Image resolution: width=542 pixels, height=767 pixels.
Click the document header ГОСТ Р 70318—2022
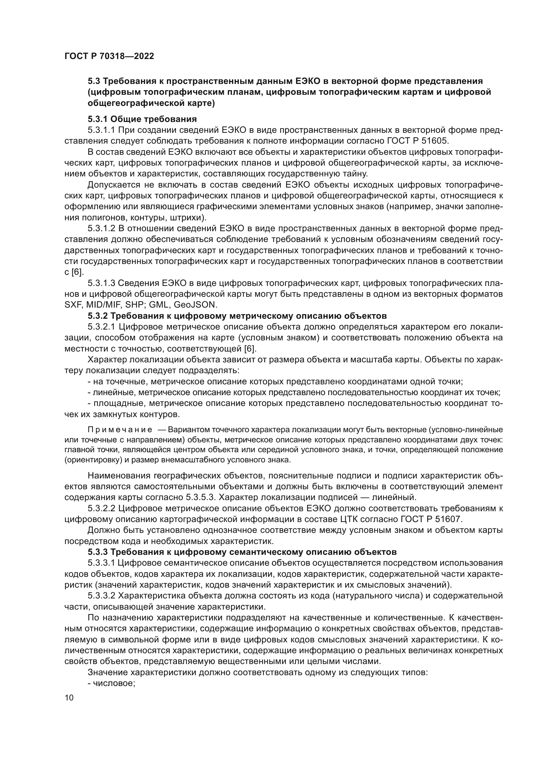coord(109,56)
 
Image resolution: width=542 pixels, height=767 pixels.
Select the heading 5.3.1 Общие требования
coord(142,119)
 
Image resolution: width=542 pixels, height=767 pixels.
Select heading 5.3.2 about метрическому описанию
coord(237,316)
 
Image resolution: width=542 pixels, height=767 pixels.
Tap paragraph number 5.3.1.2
coord(102,229)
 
